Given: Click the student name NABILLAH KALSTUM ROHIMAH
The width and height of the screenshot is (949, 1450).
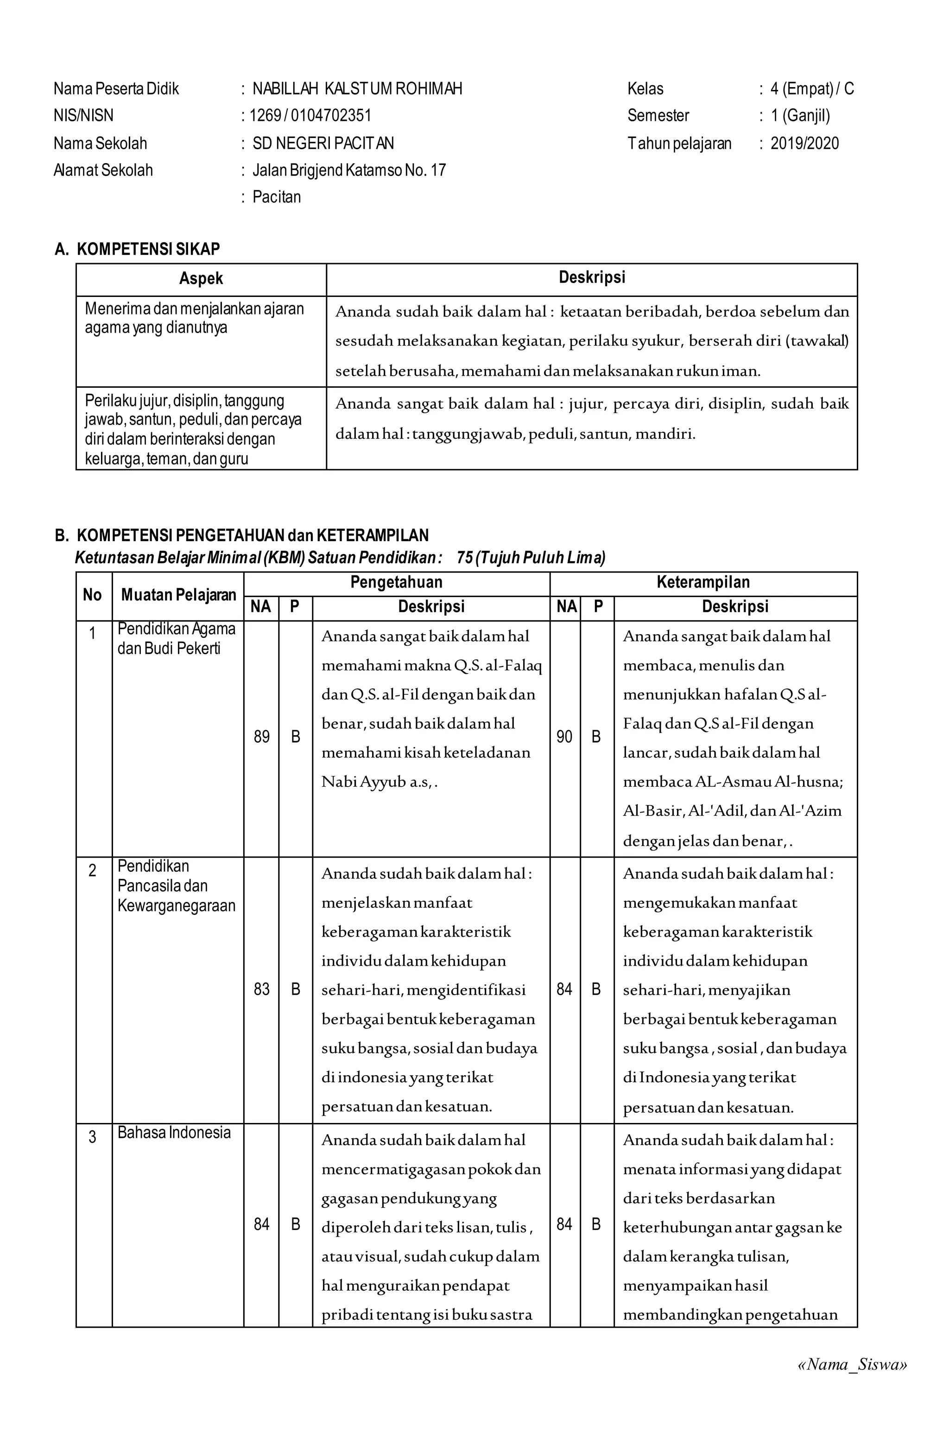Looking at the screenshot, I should coord(357,89).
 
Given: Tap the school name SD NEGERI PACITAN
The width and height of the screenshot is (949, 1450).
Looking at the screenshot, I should coord(323,143).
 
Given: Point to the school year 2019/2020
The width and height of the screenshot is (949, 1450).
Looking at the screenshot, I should coord(804,143).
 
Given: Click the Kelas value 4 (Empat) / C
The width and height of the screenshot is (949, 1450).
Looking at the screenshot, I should coord(811,89).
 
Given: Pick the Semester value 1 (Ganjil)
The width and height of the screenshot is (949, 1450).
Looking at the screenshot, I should coord(800,116).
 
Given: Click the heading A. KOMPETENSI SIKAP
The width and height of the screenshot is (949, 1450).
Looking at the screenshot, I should coord(137,249).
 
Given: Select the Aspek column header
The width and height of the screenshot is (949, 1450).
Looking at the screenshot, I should coord(201,279).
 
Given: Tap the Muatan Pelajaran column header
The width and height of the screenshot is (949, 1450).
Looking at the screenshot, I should coord(178,595).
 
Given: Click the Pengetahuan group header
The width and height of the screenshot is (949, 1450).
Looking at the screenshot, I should coord(396,582).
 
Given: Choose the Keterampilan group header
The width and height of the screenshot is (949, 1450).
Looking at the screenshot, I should coord(703,582).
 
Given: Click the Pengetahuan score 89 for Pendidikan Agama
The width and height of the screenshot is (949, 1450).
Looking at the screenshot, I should coord(261,737).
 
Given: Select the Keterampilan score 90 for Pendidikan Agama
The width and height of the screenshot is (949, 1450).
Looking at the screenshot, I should coord(564,737).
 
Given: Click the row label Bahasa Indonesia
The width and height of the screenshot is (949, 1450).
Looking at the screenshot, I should coord(174,1133).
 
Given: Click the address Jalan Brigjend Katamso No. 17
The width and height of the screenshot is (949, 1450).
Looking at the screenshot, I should coord(349,170).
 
